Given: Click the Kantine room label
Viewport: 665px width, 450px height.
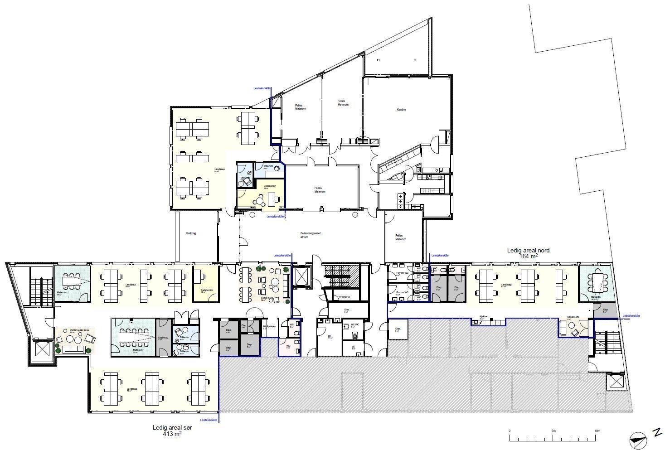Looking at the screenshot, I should (401, 110).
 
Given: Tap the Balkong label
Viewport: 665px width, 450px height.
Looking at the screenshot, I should (191, 233).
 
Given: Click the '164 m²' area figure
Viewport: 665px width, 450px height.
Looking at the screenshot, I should (529, 256).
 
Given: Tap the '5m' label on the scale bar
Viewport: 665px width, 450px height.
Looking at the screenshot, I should (553, 431).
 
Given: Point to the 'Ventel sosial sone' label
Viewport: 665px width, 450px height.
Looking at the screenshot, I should (72, 330).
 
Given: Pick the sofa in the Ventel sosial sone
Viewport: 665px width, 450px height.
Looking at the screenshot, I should (73, 349).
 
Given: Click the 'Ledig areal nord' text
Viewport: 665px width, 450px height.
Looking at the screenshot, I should (529, 250).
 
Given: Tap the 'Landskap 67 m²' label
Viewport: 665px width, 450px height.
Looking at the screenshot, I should (220, 170).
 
